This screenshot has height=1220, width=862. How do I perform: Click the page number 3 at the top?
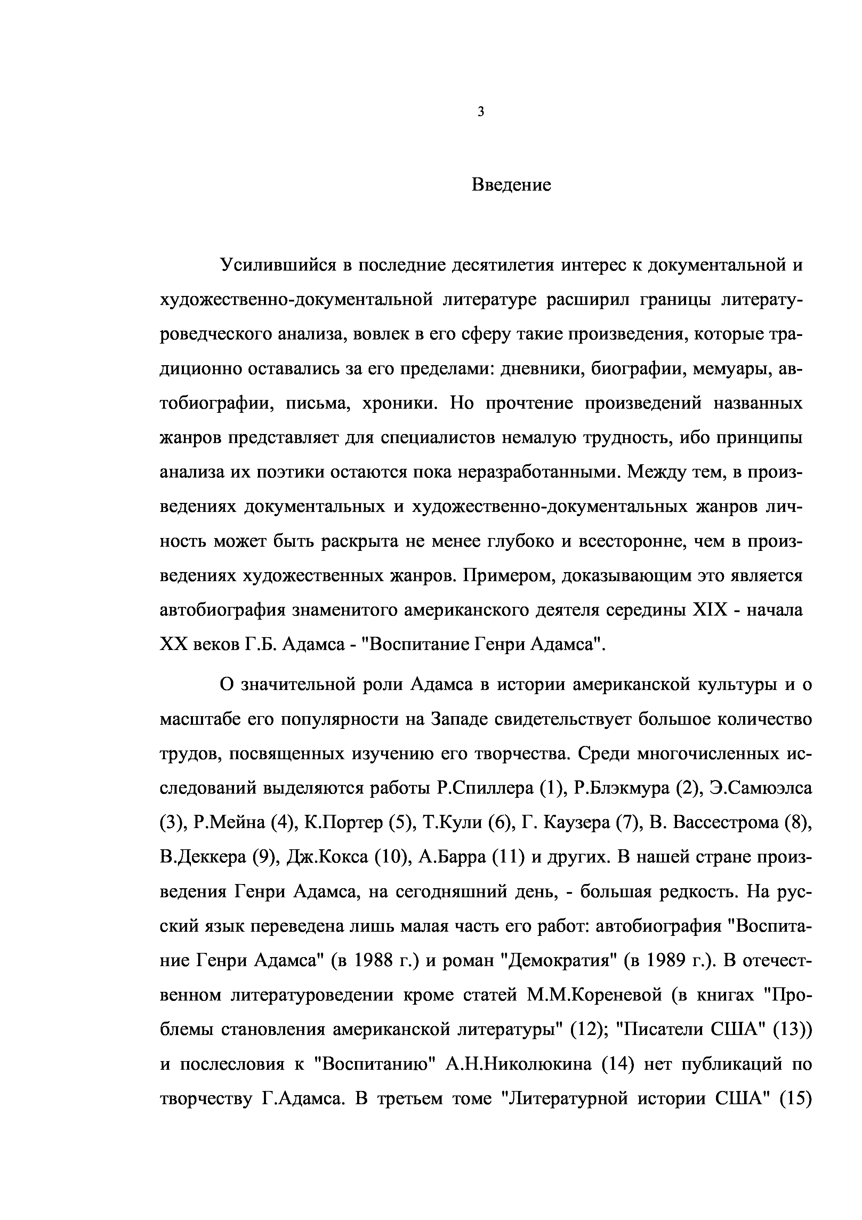(480, 112)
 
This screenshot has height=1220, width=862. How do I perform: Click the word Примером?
(508, 576)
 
